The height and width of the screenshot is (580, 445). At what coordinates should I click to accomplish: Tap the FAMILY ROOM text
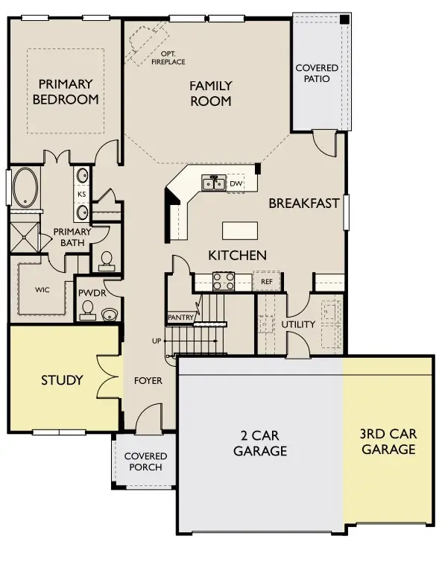click(210, 93)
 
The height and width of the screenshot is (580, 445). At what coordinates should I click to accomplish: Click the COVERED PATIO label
click(317, 73)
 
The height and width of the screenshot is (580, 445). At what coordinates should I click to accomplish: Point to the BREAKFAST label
click(303, 203)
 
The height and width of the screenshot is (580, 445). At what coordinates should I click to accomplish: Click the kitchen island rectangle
click(240, 229)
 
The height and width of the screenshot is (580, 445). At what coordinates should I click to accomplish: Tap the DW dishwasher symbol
click(236, 183)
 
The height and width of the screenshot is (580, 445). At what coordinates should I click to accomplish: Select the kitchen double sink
click(212, 183)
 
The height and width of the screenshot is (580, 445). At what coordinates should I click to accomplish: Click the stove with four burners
click(224, 281)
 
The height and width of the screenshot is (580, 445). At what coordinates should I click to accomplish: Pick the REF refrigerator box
click(266, 282)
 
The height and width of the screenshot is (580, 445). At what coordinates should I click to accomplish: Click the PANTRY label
click(181, 318)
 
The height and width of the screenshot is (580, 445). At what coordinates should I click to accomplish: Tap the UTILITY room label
click(298, 324)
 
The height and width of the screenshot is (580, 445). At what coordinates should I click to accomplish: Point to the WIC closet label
click(42, 291)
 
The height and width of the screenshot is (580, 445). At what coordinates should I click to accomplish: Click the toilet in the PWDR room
click(89, 309)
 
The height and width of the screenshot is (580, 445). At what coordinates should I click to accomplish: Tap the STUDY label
click(62, 380)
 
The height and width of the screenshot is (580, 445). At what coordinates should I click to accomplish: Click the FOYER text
click(148, 380)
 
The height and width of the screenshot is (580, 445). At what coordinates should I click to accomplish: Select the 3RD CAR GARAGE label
click(387, 441)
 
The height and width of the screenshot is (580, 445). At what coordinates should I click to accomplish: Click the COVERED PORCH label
click(145, 461)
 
